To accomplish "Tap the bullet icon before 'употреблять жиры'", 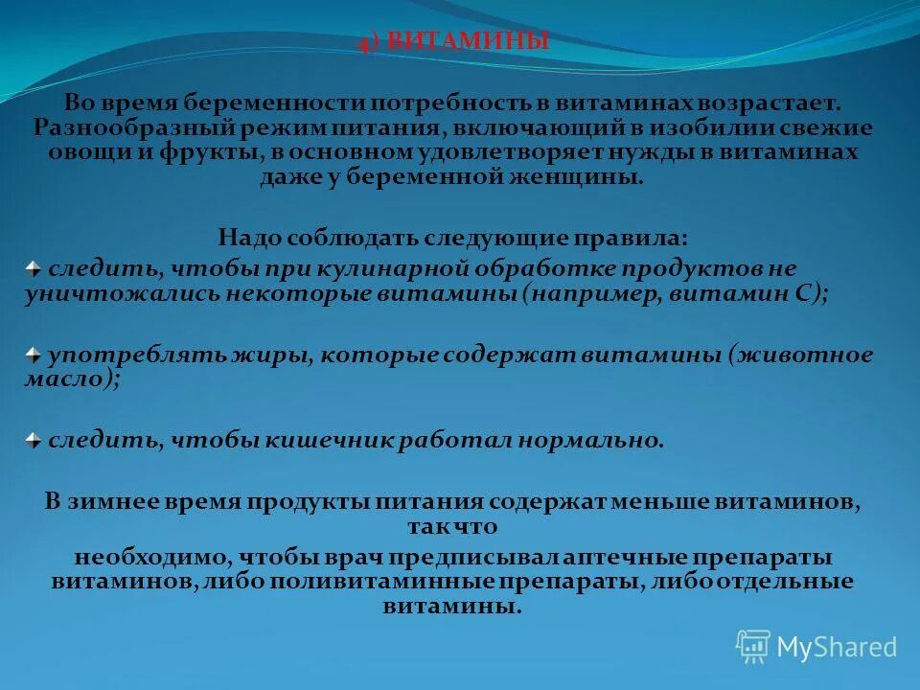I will tap(34, 355).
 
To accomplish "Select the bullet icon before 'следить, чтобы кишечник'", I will tap(34, 440).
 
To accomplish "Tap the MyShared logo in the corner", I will tap(816, 646).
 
